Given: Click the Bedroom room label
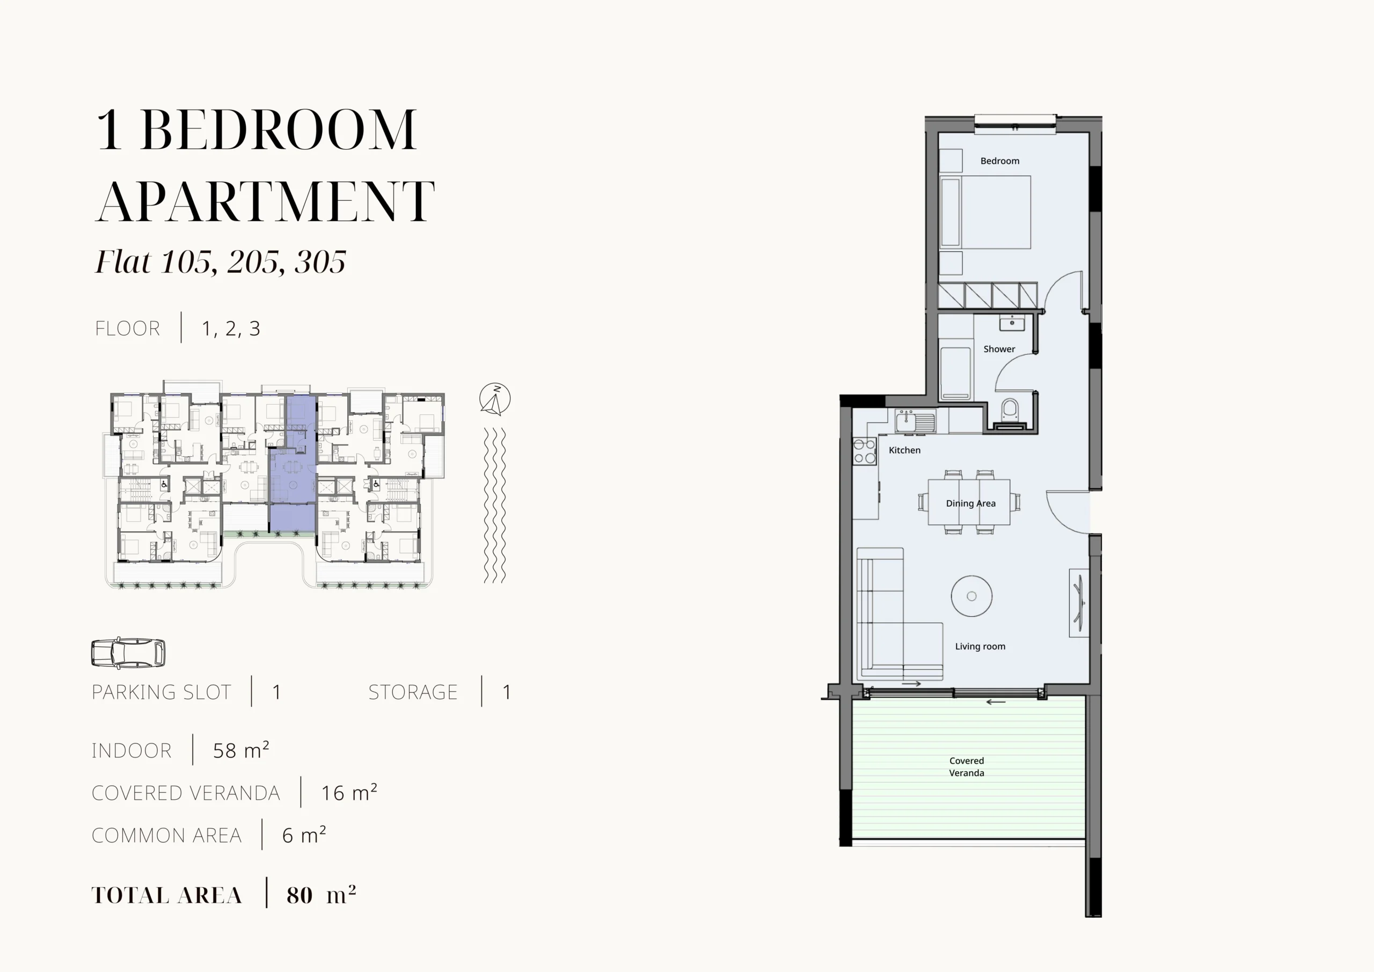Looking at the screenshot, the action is (x=999, y=161).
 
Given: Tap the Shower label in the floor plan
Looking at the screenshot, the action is (x=999, y=349).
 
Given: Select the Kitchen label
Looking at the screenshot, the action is (x=904, y=450).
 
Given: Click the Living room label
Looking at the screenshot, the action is (x=980, y=646).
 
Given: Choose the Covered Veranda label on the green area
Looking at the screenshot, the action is (x=967, y=767).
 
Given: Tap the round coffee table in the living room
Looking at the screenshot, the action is (x=971, y=596).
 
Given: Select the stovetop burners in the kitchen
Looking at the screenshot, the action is (x=864, y=451).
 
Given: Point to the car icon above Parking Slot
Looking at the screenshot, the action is (x=128, y=653).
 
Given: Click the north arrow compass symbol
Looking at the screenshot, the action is (x=495, y=399).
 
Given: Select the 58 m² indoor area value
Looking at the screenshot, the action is (x=241, y=750).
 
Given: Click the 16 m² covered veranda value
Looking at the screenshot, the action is (x=349, y=792).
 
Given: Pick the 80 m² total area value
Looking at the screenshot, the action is (x=321, y=895).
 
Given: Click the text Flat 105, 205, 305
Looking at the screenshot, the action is (x=221, y=261).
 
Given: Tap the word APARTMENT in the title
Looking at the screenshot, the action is (x=265, y=201).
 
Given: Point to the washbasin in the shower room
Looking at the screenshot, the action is (x=1012, y=323).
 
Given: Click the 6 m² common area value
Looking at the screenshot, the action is (x=304, y=835).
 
